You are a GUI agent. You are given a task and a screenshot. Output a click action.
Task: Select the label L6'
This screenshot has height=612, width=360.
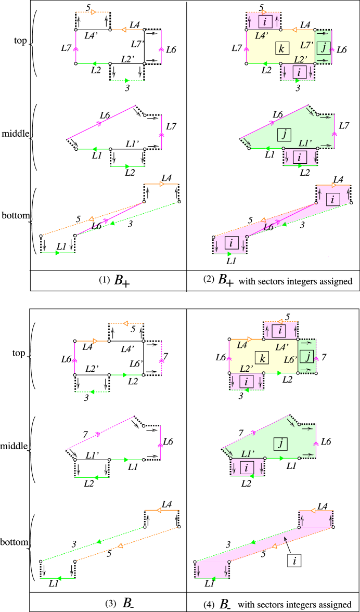click(x=291, y=360)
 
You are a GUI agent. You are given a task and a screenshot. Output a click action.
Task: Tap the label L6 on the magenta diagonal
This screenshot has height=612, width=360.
click(x=268, y=227)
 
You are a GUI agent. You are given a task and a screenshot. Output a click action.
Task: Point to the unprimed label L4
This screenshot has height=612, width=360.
click(x=242, y=345)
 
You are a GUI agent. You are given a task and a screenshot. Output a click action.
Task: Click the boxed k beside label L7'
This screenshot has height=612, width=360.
click(x=281, y=49)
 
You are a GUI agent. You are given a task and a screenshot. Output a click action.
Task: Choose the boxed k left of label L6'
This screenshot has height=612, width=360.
click(x=262, y=358)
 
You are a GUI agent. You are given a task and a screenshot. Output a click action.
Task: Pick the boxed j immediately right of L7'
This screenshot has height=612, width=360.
click(x=324, y=48)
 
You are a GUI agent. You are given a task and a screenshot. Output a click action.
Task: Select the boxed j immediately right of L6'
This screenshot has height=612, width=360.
click(x=307, y=356)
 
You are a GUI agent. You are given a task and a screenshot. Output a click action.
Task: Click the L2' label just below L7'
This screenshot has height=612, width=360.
click(x=301, y=59)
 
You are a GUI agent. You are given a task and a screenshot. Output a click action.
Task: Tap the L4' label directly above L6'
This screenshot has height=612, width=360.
click(x=282, y=347)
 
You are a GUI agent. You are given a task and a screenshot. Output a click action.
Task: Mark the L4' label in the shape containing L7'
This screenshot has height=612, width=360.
click(x=262, y=36)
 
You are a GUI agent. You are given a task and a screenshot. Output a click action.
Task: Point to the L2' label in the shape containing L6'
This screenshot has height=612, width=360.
click(x=247, y=368)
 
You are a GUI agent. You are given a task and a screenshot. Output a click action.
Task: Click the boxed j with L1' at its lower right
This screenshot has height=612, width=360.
click(x=285, y=135)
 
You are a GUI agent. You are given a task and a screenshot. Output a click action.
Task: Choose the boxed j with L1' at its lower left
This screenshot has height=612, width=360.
click(x=280, y=444)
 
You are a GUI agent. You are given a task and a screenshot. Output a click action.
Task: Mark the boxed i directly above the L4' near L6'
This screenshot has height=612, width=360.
click(x=280, y=330)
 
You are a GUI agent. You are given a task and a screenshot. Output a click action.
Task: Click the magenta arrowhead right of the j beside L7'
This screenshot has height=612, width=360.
click(x=333, y=50)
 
